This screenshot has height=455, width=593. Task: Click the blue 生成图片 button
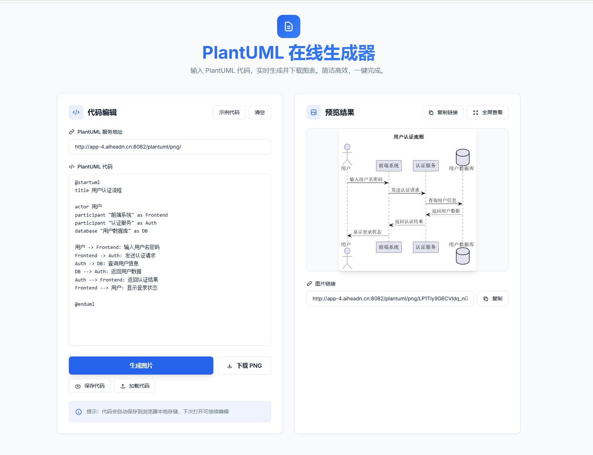[141, 366]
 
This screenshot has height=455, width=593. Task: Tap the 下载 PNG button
[244, 366]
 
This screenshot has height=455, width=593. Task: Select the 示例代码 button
[229, 112]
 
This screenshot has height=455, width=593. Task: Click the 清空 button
[259, 112]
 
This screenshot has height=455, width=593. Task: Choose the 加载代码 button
[134, 386]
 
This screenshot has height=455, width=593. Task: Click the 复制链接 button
[443, 112]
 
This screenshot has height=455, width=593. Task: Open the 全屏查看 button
[487, 112]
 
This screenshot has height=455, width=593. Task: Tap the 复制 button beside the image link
[492, 299]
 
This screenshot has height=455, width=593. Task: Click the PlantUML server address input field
[170, 147]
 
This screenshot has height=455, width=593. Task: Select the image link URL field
[390, 299]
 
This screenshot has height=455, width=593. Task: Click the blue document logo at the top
[289, 26]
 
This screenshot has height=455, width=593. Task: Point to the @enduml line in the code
[85, 304]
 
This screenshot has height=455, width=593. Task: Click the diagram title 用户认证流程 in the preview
[409, 137]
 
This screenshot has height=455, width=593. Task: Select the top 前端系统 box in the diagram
[389, 166]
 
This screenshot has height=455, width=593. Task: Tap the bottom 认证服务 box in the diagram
[426, 247]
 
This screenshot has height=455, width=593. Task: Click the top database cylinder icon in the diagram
[463, 157]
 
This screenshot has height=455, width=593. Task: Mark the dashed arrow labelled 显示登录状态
[368, 235]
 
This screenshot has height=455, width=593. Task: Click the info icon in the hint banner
[79, 412]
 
